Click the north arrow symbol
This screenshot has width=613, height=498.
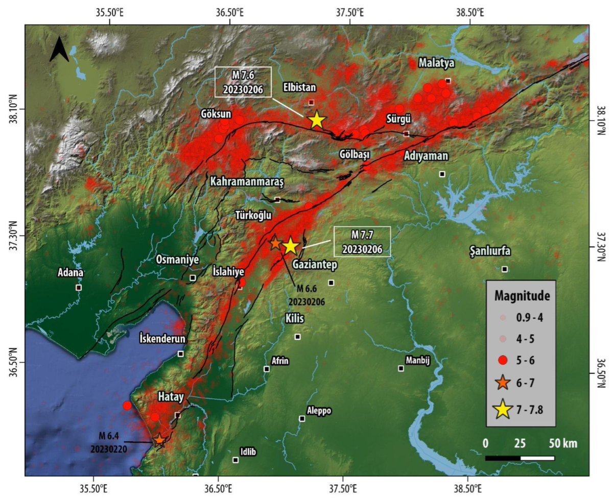coord(59,51)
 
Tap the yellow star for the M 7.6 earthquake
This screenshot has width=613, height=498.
coord(317,120)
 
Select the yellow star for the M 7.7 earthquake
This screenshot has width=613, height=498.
coord(290,246)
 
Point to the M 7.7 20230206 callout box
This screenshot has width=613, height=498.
coord(362,241)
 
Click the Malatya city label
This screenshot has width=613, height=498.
coord(436,63)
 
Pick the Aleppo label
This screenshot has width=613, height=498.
coord(319,410)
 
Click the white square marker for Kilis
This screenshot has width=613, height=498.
coord(298,337)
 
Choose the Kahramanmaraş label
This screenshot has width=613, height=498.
coord(246,181)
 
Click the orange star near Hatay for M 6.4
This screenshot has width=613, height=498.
coord(159,439)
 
